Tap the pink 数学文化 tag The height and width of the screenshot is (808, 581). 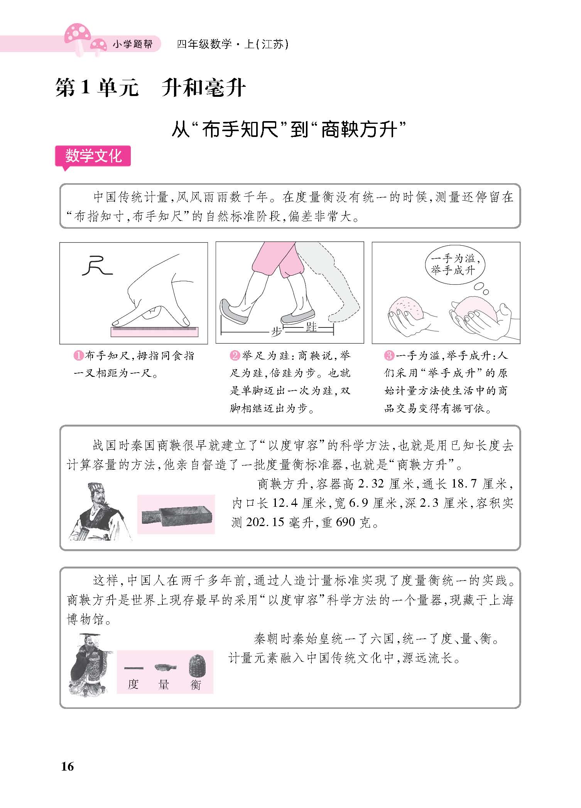click(93, 156)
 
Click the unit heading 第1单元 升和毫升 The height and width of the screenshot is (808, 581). click(150, 88)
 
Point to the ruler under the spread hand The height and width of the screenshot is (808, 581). click(154, 331)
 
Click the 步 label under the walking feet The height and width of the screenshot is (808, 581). click(276, 332)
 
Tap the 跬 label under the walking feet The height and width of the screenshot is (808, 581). click(311, 327)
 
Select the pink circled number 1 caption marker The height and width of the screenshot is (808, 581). click(78, 356)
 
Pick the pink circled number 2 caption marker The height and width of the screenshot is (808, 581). click(235, 356)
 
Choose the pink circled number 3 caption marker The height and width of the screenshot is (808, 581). click(389, 356)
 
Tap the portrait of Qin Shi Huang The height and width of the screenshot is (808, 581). click(91, 664)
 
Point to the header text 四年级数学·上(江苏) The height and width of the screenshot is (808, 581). click(233, 44)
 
